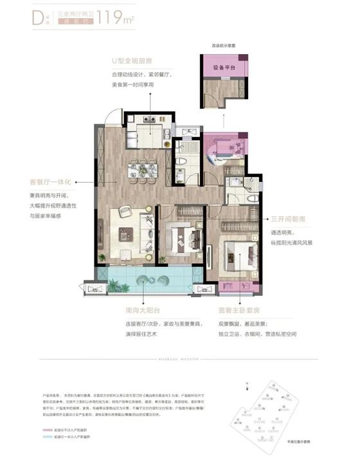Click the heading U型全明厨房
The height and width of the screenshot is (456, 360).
131,62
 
